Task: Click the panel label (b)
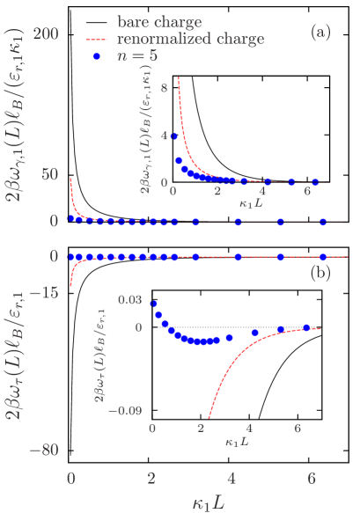(320, 273)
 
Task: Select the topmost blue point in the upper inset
(175, 136)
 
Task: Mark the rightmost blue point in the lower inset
(306, 327)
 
